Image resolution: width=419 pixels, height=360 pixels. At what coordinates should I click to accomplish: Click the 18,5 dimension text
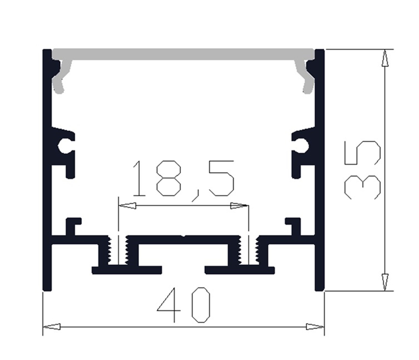coord(183,179)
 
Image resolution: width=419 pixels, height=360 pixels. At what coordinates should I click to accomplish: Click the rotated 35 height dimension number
coord(362,170)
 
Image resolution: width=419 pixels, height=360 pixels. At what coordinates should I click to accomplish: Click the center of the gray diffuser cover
coord(183,54)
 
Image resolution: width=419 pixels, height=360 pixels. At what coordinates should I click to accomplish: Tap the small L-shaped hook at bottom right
coord(294,226)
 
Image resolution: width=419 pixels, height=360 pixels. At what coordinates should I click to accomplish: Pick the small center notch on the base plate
coord(183,237)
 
